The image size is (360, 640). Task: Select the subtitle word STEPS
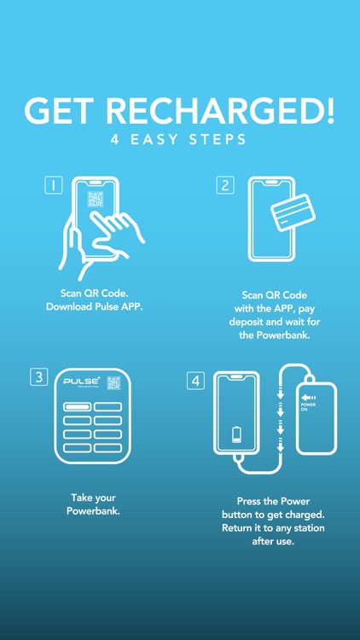click(x=218, y=139)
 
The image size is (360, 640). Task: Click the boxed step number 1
click(x=53, y=186)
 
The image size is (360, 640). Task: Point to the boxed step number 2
click(x=225, y=185)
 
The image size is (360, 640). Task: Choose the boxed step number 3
click(x=38, y=377)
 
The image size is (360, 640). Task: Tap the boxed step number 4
click(x=196, y=381)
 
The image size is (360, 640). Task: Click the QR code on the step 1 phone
click(x=95, y=200)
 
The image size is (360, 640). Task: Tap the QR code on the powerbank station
click(x=113, y=383)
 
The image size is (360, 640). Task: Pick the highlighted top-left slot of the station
click(x=77, y=407)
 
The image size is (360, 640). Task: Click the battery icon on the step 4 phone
click(x=236, y=435)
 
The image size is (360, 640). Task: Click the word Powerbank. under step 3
click(x=94, y=511)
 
